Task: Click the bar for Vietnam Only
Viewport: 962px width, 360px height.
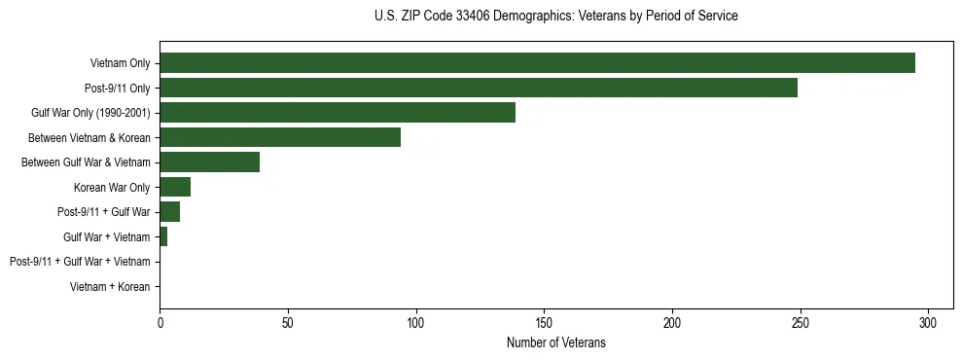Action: tap(537, 63)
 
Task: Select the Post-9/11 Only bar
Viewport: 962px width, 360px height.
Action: tap(479, 88)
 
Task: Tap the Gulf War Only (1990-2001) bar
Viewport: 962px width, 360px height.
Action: tap(338, 113)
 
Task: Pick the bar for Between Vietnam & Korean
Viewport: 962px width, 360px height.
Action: tap(280, 137)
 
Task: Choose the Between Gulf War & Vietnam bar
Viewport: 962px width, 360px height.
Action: tap(209, 162)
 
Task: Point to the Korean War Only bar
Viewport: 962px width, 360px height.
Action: tap(175, 187)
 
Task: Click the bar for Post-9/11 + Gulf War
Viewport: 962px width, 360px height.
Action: tap(169, 212)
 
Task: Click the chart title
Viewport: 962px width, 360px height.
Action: tap(555, 17)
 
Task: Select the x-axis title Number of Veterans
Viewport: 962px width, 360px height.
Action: tap(555, 342)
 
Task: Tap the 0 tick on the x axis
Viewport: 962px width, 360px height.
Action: tap(160, 321)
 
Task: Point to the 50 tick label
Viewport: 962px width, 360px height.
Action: tap(288, 321)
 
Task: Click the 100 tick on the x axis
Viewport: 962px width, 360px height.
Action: tap(415, 321)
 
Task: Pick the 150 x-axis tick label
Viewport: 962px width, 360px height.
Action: tap(544, 321)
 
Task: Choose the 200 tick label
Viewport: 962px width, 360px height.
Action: tap(672, 321)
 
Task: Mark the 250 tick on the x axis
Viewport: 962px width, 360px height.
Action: tap(800, 321)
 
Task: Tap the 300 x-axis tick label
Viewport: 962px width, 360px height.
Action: tap(928, 321)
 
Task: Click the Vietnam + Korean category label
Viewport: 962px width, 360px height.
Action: tap(110, 287)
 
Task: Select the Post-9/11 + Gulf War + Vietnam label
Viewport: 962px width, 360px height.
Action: tap(80, 262)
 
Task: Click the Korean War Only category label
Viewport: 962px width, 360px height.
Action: tap(112, 188)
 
